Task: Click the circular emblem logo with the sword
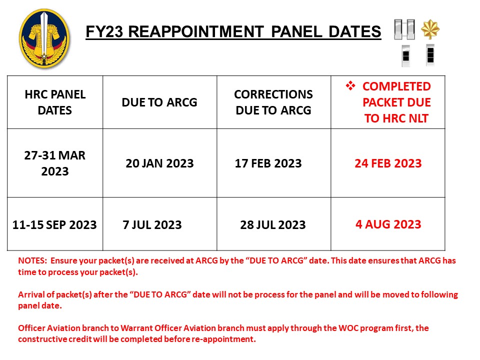[x=44, y=38]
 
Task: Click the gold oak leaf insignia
[x=430, y=29]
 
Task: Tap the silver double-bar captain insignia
[x=404, y=29]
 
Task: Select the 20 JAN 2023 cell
[x=159, y=163]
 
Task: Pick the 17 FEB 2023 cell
[x=268, y=163]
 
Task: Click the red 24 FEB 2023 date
[x=388, y=163]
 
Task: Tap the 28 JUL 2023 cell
[x=273, y=224]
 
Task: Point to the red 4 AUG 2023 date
[x=388, y=224]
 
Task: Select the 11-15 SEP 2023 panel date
[x=54, y=224]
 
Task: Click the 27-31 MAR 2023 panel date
[x=55, y=163]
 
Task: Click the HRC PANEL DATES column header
[x=55, y=102]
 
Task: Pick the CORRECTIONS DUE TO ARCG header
[x=273, y=102]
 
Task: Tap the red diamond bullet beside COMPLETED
[x=350, y=85]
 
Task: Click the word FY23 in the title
[x=104, y=32]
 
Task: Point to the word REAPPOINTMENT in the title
[x=196, y=32]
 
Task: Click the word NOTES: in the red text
[x=32, y=260]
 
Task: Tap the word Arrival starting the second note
[x=31, y=294]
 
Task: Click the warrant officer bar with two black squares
[x=430, y=55]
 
